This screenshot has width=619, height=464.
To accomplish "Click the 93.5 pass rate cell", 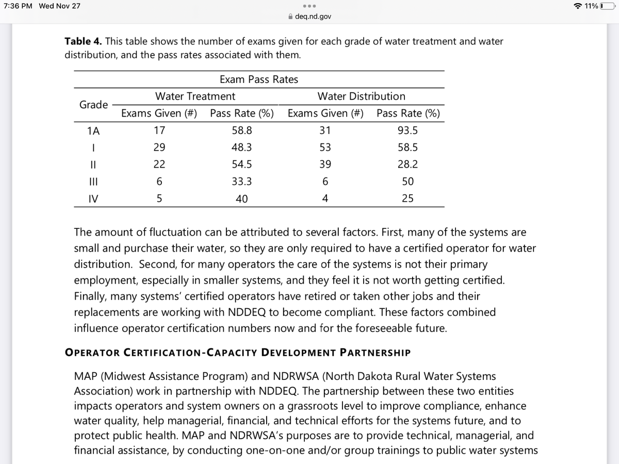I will click(408, 130).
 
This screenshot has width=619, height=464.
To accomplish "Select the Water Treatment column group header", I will click(195, 96).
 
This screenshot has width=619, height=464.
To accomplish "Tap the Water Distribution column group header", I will click(361, 96).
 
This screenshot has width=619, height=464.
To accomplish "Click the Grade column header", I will click(93, 105).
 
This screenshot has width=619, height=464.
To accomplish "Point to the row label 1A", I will click(93, 131).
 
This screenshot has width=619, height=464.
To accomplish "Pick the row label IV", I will click(93, 198).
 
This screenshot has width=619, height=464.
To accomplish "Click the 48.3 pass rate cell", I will click(241, 147).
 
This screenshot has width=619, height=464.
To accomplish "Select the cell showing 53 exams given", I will click(325, 147).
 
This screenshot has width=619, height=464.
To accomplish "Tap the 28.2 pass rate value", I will click(408, 164).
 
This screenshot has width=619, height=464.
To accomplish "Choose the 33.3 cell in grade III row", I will click(241, 181).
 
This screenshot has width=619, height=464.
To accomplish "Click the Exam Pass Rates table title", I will click(258, 79).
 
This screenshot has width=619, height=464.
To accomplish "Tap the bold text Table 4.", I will click(83, 41).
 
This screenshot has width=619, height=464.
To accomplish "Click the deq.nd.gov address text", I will click(313, 16).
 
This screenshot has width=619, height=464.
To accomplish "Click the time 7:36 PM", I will click(18, 6).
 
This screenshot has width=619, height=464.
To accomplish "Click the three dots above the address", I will click(309, 7).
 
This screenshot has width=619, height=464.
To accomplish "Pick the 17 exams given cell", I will click(159, 130).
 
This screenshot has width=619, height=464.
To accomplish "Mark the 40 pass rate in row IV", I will click(241, 198).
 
